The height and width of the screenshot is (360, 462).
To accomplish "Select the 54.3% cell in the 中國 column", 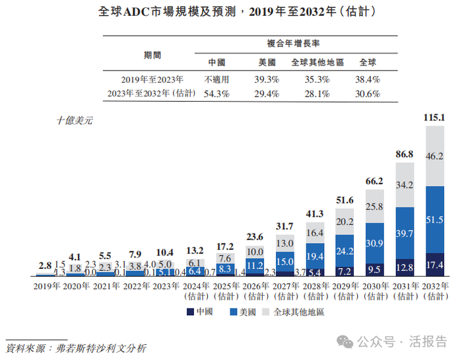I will click(216, 94).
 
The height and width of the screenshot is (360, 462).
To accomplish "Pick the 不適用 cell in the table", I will click(216, 79).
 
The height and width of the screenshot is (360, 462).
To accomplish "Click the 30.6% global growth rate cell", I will click(368, 94).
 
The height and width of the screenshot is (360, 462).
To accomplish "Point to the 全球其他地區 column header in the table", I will click(317, 63).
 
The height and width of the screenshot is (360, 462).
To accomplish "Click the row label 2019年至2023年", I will click(148, 79).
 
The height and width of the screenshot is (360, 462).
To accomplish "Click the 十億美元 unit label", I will click(75, 120).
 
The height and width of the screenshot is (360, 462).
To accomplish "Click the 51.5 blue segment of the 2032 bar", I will click(435, 219).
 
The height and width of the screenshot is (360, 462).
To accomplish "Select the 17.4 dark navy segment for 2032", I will click(435, 264).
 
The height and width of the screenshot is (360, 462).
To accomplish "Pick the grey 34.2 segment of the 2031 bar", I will click(405, 184).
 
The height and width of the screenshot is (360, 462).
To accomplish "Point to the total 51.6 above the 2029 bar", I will click(345, 199).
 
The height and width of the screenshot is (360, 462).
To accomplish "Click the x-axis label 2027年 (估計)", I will click(284, 291).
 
